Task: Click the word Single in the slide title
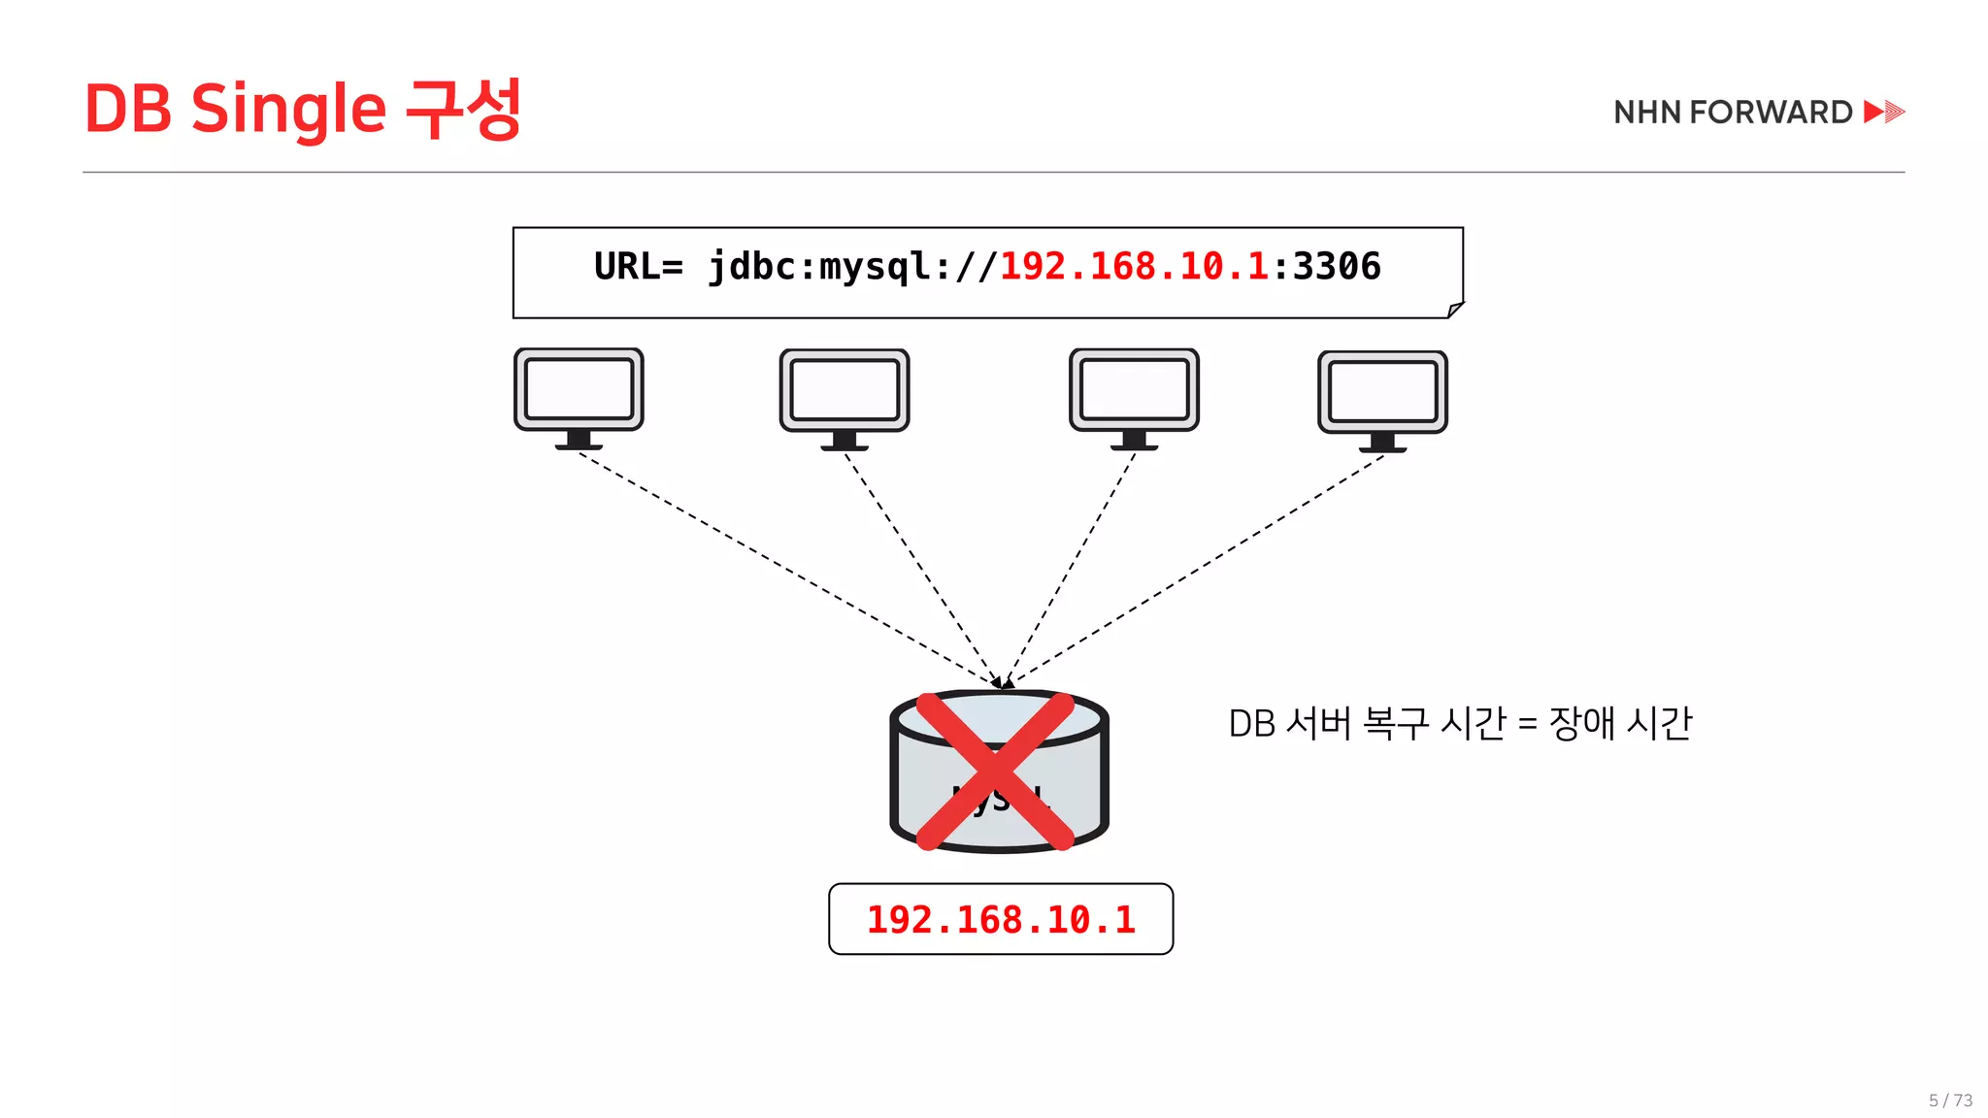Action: (288, 110)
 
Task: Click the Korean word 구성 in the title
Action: (463, 109)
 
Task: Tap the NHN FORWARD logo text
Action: (1733, 113)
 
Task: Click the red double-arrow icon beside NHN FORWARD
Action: (1884, 112)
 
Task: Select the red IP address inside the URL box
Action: (1134, 267)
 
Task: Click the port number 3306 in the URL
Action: (1337, 267)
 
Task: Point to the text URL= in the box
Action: (638, 267)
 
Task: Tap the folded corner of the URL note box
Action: (1454, 310)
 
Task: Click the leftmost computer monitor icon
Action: (579, 397)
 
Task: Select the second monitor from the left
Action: (845, 398)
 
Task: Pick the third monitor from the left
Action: (1134, 398)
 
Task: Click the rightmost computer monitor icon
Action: (1382, 400)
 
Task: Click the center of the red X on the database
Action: (996, 772)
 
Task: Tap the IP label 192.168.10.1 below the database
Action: (1001, 920)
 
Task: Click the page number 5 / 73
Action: (1950, 1101)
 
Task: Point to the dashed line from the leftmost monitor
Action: (786, 567)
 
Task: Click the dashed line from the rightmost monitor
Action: (1199, 569)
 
